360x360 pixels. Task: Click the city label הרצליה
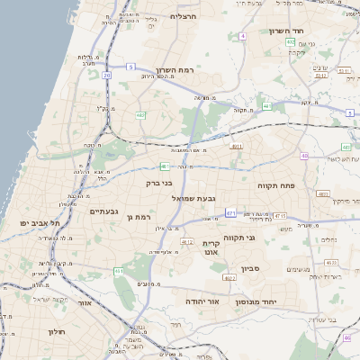184,16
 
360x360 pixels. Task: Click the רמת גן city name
144,217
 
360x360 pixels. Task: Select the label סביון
251,267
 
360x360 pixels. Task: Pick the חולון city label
57,332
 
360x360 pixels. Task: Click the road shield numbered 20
106,76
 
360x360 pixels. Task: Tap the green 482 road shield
141,114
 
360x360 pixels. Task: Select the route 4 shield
243,36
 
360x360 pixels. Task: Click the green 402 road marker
291,42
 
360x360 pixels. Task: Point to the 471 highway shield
230,213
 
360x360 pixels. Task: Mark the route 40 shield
305,156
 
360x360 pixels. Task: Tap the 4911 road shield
237,146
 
